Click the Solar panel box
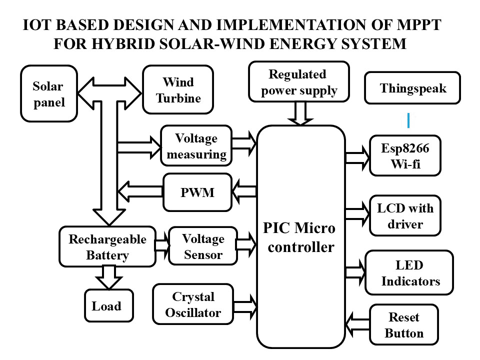pyautogui.click(x=49, y=93)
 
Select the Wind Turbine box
pyautogui.click(x=178, y=89)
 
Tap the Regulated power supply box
pyautogui.click(x=298, y=81)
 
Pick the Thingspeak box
pyautogui.click(x=412, y=88)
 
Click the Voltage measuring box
pyautogui.click(x=196, y=145)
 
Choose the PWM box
pyautogui.click(x=197, y=192)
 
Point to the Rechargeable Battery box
pyautogui.click(x=107, y=246)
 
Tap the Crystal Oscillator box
pyautogui.click(x=193, y=304)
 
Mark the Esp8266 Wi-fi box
pyautogui.click(x=405, y=155)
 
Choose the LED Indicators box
pyautogui.click(x=409, y=272)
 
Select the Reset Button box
pyautogui.click(x=404, y=324)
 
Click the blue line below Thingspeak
pyautogui.click(x=408, y=120)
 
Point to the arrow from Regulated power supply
pyautogui.click(x=300, y=113)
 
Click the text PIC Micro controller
pyautogui.click(x=300, y=237)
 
